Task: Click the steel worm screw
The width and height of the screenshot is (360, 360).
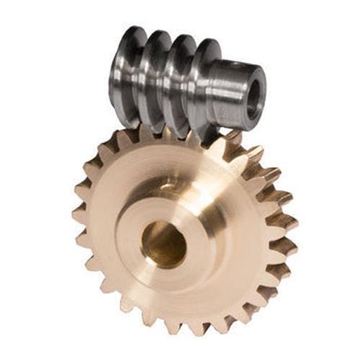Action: coord(180,79)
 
